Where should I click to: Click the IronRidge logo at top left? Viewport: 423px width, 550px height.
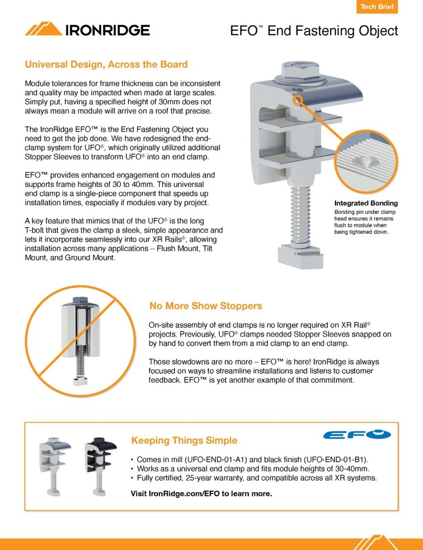click(x=87, y=30)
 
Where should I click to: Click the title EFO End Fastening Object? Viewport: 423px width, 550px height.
click(x=314, y=31)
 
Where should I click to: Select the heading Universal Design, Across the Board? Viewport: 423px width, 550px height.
click(x=106, y=64)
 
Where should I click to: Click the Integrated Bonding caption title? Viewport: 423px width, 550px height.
click(x=366, y=204)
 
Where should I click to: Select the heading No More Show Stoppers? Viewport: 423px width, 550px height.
click(x=205, y=306)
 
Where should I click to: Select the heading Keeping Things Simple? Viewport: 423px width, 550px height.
click(x=184, y=441)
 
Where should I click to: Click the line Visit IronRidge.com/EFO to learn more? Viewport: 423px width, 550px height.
click(x=201, y=493)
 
